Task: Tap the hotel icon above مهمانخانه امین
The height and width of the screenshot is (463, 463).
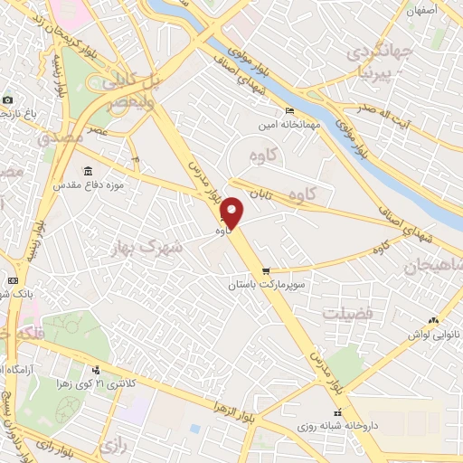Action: click(289, 111)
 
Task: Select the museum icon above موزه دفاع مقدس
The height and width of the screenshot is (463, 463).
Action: click(88, 171)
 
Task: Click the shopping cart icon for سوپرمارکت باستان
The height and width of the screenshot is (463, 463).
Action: click(265, 271)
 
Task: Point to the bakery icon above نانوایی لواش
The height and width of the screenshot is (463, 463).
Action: click(433, 319)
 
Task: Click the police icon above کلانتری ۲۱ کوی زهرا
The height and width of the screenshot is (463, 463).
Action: click(96, 369)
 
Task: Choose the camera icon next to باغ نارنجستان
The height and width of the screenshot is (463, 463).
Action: click(7, 99)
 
